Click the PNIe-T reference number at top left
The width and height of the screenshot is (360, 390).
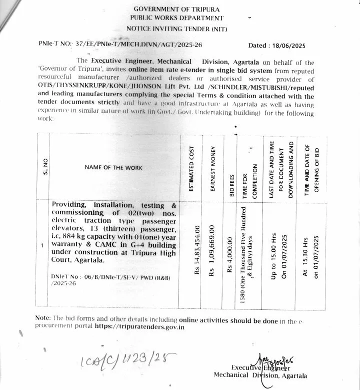click(x=120, y=45)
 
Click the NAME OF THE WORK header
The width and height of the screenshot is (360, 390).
click(x=113, y=168)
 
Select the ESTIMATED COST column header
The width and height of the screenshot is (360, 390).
click(x=191, y=168)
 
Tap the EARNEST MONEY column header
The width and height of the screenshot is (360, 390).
click(x=212, y=168)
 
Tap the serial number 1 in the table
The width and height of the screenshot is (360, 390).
click(x=43, y=246)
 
